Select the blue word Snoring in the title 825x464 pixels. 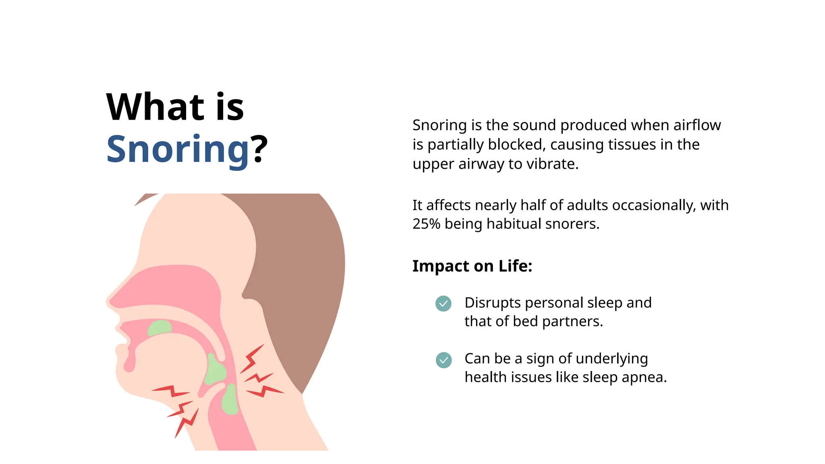(x=178, y=149)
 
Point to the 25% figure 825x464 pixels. (x=426, y=224)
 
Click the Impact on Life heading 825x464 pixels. (x=472, y=266)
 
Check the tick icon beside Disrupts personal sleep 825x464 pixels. (x=443, y=304)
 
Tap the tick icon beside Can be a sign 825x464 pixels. (x=444, y=360)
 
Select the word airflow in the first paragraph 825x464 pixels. (x=697, y=125)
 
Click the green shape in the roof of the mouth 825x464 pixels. (x=160, y=328)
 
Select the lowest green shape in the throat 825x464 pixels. (x=230, y=401)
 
